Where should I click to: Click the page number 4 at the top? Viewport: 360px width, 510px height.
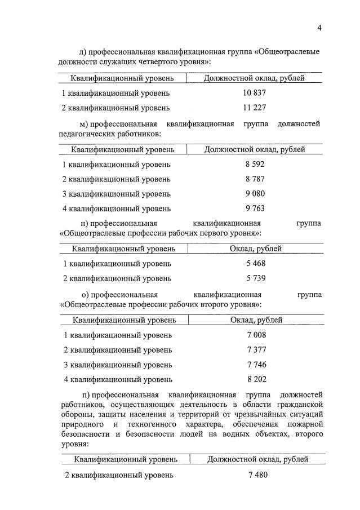[318, 28]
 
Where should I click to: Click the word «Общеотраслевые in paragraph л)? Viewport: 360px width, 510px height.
[287, 51]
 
